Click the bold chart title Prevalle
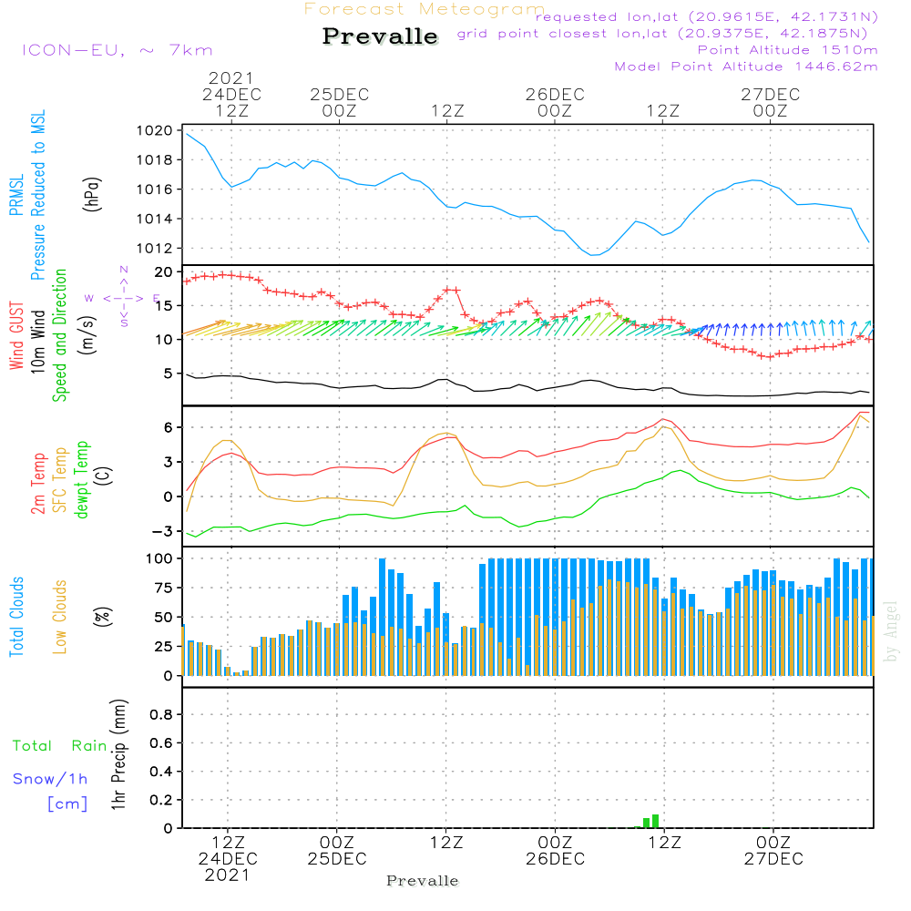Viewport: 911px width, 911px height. (380, 36)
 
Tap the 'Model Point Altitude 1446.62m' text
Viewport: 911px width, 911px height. (746, 67)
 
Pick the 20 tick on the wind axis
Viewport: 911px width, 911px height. (165, 272)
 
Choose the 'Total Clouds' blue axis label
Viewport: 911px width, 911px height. (17, 617)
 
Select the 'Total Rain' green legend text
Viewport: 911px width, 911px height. (60, 746)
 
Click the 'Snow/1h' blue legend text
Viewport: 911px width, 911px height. (51, 779)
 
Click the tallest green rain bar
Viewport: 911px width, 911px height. (655, 821)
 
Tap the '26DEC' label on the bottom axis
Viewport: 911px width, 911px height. (555, 859)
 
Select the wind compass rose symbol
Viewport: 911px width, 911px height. (124, 297)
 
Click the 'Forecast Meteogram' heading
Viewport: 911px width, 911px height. (425, 9)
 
